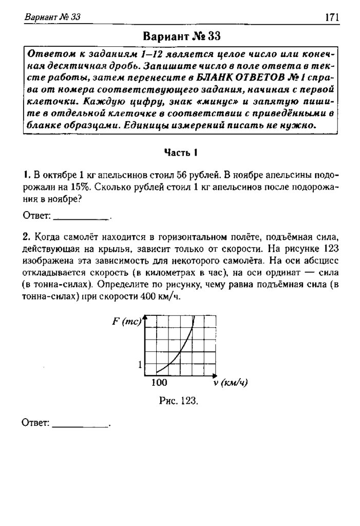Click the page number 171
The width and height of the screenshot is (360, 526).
pyautogui.click(x=332, y=17)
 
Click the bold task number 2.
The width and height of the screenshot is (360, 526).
pyautogui.click(x=25, y=237)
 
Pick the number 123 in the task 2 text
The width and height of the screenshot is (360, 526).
pyautogui.click(x=330, y=249)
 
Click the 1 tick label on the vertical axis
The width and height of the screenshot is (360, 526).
pyautogui.click(x=140, y=365)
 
